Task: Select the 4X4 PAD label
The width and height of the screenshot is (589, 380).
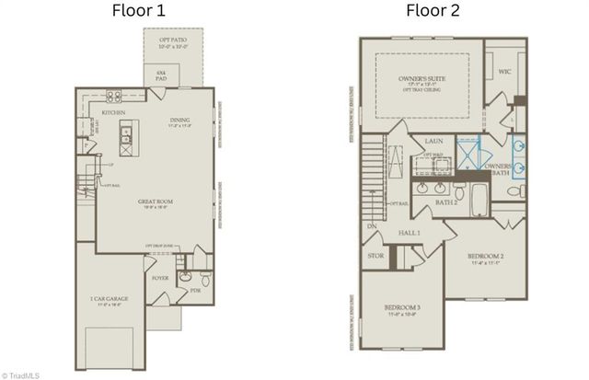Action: point(160,76)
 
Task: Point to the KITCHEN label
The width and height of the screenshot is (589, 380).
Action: point(114,111)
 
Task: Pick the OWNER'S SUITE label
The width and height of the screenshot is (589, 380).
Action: point(422,80)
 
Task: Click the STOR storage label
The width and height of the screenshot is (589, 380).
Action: point(375,257)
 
